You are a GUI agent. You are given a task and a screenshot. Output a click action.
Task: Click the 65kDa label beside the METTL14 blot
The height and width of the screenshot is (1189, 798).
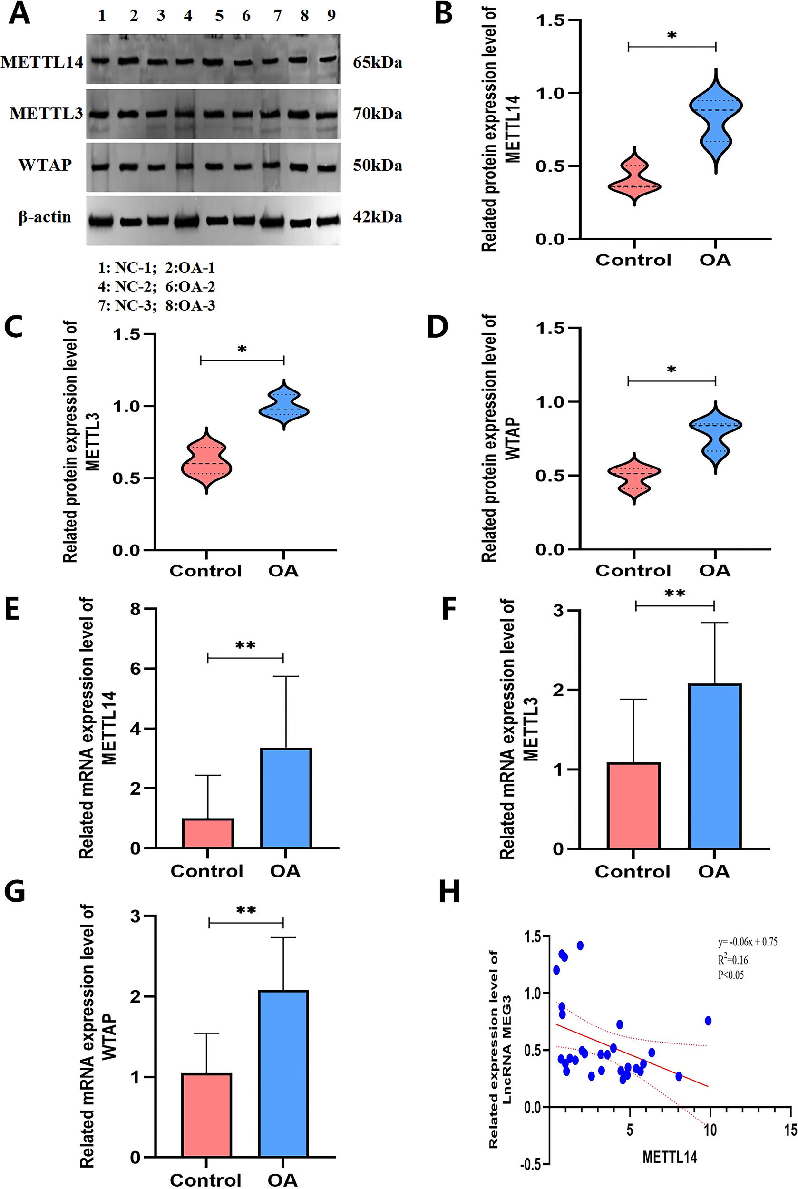377,63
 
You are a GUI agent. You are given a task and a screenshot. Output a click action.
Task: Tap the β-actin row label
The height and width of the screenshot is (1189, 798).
45,217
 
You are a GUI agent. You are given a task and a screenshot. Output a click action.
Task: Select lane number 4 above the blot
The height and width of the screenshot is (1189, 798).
188,16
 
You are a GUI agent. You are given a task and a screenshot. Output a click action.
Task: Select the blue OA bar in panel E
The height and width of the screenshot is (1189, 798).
285,798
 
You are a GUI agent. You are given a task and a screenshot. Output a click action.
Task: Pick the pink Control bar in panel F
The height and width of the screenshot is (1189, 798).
633,805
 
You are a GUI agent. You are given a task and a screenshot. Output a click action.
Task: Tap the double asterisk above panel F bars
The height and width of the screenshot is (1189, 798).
674,594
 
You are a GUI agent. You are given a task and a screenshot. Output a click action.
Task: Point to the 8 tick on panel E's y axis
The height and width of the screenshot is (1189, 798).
135,609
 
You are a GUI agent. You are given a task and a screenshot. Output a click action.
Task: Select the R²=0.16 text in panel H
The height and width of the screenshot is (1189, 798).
733,960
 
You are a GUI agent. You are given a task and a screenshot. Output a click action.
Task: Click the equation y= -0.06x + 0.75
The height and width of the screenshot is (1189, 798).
747,942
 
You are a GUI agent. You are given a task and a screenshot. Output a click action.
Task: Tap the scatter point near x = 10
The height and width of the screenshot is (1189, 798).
708,1021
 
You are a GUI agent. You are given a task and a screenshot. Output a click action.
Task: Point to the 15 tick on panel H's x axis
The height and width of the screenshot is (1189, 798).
790,1131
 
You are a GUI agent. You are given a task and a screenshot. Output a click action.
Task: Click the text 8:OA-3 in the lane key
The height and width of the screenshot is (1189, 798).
190,305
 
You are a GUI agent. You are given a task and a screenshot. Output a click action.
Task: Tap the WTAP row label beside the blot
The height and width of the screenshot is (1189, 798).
45,166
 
